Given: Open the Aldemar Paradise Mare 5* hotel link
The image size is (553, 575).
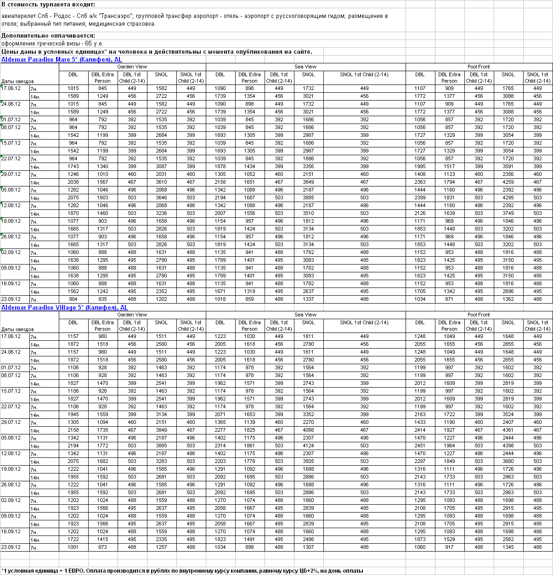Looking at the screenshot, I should click(62, 59).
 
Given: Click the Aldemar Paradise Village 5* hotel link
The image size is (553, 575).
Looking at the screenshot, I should click(64, 307).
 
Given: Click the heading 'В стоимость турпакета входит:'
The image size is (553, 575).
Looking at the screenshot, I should click(48, 5).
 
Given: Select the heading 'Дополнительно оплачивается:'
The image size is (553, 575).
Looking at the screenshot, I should click(48, 35).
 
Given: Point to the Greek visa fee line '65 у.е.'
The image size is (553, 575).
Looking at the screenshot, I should click(52, 43).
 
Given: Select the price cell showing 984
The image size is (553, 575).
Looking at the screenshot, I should click(73, 299).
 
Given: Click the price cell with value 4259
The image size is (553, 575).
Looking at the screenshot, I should click(508, 182).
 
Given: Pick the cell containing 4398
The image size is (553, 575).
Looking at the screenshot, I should click(508, 445).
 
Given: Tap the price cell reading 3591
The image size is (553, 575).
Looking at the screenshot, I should click(508, 166).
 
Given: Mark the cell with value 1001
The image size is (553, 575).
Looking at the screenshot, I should click(73, 547).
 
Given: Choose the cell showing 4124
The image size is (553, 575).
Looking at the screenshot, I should click(308, 445).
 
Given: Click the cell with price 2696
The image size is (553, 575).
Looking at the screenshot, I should click(508, 291).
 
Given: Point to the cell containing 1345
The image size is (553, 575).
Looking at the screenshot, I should click(508, 547).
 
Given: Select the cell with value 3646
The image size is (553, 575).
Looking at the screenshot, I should click(161, 197).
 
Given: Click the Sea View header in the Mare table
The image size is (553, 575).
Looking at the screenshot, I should click(305, 67).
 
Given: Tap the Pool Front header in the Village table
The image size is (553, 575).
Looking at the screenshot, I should click(479, 315).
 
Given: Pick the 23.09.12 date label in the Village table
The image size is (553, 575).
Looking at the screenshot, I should click(11, 547).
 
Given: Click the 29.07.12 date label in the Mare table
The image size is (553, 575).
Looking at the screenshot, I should click(11, 174).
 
